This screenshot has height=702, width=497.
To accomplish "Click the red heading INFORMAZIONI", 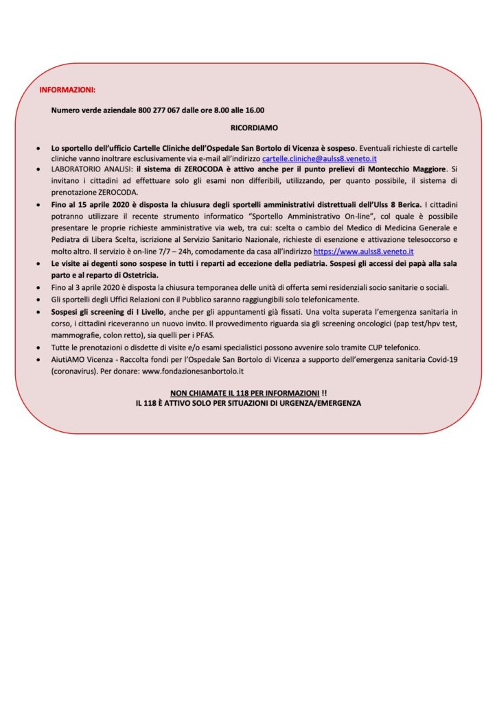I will click(x=67, y=90).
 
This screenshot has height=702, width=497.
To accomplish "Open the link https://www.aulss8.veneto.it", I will click(x=363, y=252).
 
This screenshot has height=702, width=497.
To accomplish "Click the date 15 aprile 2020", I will click(x=95, y=204).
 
